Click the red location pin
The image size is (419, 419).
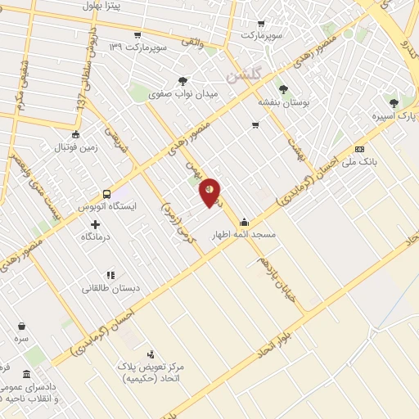click(210, 191)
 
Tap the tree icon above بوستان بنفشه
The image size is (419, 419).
click(284, 89)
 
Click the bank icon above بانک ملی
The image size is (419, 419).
click(360, 149)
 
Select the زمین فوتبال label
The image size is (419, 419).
click(75, 148)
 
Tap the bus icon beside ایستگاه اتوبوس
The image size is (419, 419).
click(107, 194)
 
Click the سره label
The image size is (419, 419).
click(21, 337)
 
